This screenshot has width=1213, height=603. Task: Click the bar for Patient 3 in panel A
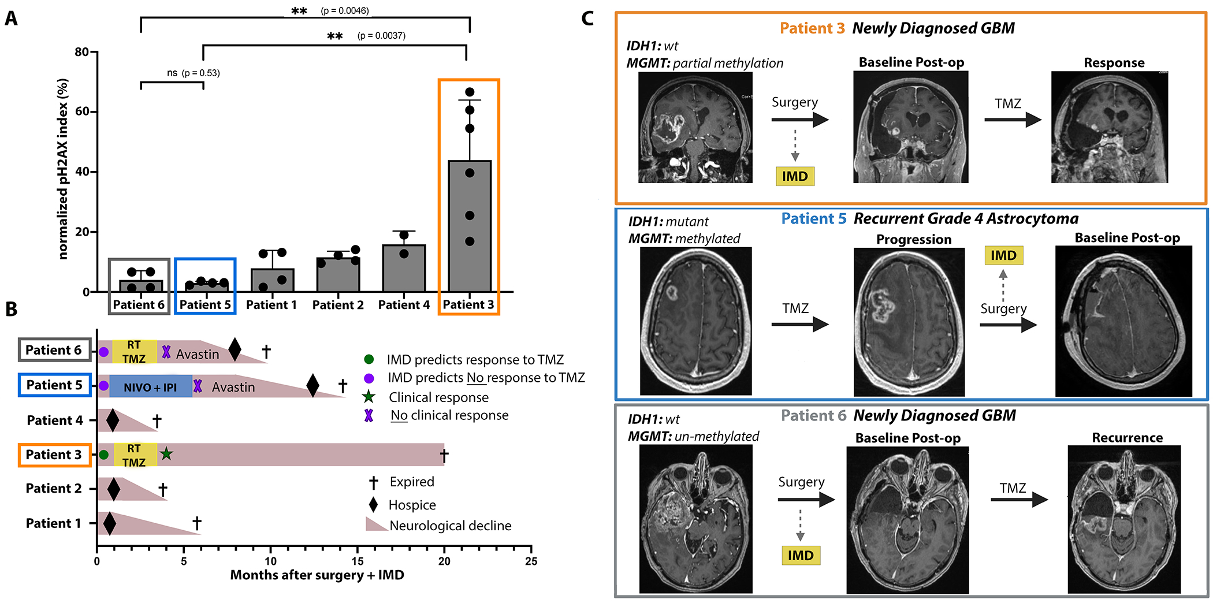(x=470, y=225)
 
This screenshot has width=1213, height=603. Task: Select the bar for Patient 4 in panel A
(x=404, y=268)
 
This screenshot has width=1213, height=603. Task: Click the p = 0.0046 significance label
(x=345, y=10)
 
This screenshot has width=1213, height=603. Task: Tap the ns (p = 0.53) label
(x=193, y=73)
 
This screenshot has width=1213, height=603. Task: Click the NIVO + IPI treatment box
(x=150, y=386)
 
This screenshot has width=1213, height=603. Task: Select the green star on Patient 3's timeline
(x=166, y=454)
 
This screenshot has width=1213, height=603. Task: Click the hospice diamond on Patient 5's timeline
(x=312, y=385)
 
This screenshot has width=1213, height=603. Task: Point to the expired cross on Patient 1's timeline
(x=197, y=523)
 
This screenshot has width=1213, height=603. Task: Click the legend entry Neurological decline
(x=450, y=526)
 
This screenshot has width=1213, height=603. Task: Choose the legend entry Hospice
(x=412, y=505)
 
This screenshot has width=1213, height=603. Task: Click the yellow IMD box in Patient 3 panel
(x=795, y=176)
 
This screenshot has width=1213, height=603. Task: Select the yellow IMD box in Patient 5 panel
(x=1003, y=255)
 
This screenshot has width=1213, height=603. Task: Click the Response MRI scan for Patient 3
(x=1109, y=127)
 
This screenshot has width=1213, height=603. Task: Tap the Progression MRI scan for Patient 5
(x=909, y=322)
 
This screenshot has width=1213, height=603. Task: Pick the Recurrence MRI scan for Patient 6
(x=1124, y=519)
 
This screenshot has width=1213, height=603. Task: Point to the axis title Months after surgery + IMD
(x=317, y=575)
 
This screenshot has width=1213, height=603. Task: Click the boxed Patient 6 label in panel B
(x=54, y=350)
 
